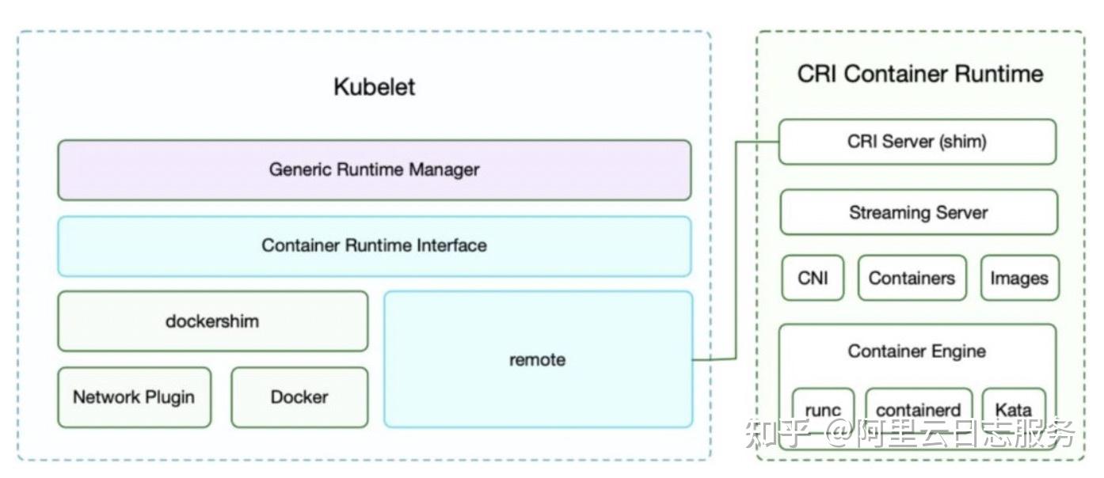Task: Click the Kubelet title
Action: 374,86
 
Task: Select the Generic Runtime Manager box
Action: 374,170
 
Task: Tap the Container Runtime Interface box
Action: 374,245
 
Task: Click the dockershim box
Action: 212,321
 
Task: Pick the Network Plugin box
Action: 134,397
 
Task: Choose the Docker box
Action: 299,397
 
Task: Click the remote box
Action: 538,359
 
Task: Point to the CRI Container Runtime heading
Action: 919,74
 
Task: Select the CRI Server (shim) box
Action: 917,142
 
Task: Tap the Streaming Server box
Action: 918,212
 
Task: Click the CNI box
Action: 813,278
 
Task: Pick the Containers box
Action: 912,278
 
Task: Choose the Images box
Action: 1019,278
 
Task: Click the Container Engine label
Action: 917,351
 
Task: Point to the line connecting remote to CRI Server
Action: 736,253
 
